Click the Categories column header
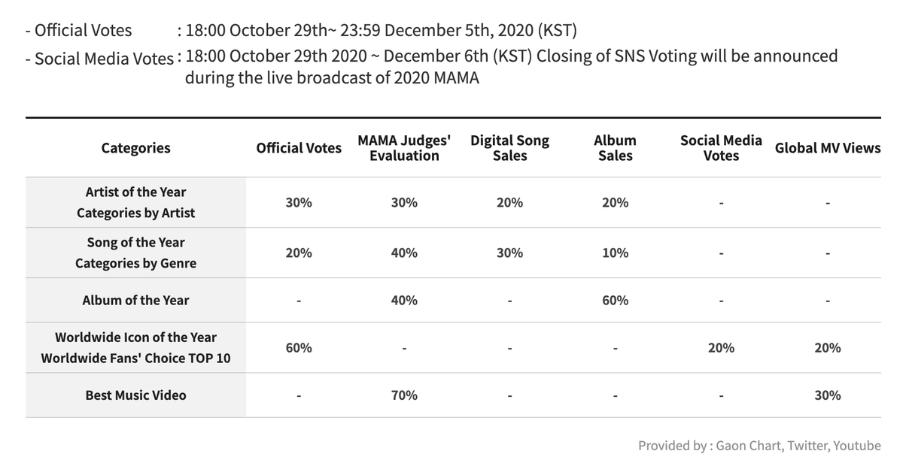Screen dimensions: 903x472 click(136, 148)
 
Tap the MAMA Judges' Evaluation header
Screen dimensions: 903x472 click(404, 148)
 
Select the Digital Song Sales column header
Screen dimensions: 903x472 click(509, 148)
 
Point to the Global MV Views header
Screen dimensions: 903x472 click(828, 148)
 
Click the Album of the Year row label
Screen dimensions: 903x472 click(136, 301)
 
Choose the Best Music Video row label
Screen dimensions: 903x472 click(136, 395)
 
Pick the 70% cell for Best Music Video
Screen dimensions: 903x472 click(404, 395)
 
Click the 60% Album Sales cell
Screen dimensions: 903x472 click(616, 301)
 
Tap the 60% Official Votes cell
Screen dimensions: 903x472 click(299, 347)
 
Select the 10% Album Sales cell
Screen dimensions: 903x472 click(616, 253)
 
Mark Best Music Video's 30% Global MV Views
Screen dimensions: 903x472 click(828, 395)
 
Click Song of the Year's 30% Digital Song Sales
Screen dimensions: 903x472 click(509, 253)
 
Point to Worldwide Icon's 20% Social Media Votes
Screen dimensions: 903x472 click(721, 347)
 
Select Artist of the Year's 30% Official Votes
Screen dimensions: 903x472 click(299, 202)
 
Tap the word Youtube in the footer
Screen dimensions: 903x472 click(857, 446)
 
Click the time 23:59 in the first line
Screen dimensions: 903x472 click(360, 30)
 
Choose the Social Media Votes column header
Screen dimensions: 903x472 click(721, 148)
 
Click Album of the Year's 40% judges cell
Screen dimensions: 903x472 click(404, 301)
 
